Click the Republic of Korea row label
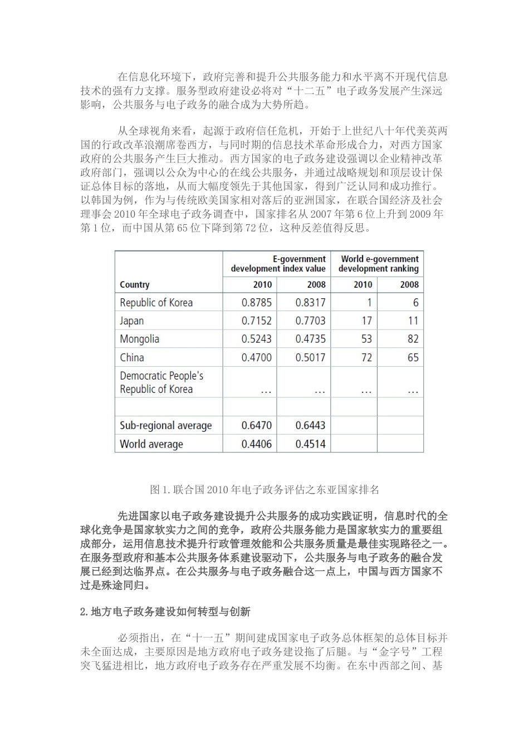[x=156, y=303]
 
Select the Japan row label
[x=132, y=321]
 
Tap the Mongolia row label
[x=139, y=339]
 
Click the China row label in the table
[x=132, y=357]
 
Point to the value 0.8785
[x=256, y=303]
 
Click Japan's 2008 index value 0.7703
[x=310, y=321]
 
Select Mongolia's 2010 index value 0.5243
[x=256, y=339]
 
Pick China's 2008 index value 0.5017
[x=310, y=357]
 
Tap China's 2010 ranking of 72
[x=366, y=357]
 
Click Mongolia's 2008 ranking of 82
[x=413, y=339]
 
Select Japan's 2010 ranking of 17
[x=366, y=321]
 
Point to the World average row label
[x=151, y=444]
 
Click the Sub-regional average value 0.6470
[x=256, y=426]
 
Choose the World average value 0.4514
[x=310, y=444]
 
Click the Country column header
[x=135, y=284]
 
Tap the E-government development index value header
[x=278, y=264]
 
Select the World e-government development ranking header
[x=378, y=264]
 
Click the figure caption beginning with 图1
[x=264, y=490]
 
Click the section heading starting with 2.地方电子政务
[x=165, y=612]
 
